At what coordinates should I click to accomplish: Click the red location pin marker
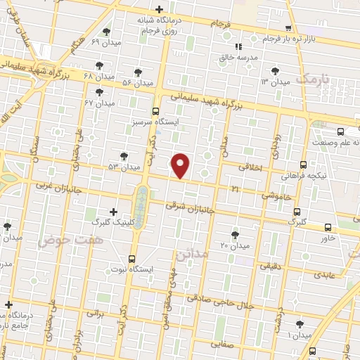point(181,165)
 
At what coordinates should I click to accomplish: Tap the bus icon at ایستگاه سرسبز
point(156,110)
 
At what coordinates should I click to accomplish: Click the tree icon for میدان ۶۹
point(106,31)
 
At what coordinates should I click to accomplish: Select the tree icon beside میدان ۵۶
point(137,72)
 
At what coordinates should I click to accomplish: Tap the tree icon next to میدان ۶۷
point(99,92)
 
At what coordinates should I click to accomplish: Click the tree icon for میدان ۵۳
point(124,155)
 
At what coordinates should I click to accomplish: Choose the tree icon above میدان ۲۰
point(234,234)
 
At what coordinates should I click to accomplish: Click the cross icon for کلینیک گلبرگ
point(114,211)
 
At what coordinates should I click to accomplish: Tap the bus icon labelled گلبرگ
point(297,211)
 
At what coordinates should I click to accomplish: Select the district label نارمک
point(312,79)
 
